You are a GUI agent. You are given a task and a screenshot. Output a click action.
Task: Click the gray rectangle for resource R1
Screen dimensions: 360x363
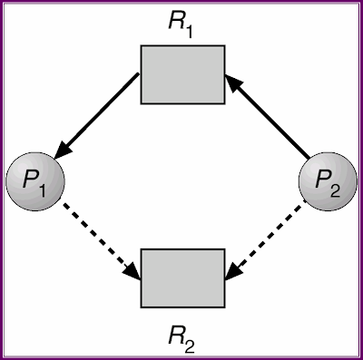tap(181, 73)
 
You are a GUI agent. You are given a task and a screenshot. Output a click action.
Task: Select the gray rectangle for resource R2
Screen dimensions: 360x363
tap(181, 277)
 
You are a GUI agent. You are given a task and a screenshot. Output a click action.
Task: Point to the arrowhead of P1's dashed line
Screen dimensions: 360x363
tap(132, 271)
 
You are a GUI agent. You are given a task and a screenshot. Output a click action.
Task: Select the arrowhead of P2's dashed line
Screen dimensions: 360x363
tap(232, 271)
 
